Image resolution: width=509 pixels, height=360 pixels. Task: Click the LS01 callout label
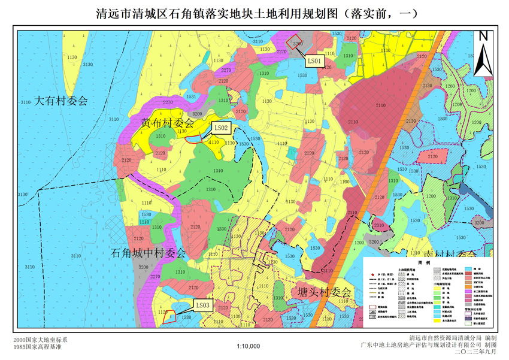315,60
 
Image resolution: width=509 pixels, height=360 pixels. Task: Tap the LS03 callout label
203,305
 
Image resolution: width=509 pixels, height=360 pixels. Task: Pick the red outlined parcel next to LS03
171,316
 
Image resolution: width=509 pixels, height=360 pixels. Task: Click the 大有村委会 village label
60,100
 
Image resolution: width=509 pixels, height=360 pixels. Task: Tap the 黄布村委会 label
168,122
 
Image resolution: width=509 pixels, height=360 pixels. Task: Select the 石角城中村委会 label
149,253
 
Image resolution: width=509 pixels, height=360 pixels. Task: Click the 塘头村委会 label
323,292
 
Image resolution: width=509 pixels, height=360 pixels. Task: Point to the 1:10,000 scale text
249,346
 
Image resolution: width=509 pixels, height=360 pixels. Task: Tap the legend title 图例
424,263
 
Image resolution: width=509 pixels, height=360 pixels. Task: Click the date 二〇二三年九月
476,353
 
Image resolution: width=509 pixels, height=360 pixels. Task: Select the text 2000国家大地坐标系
36,340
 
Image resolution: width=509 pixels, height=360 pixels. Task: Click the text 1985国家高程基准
36,347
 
